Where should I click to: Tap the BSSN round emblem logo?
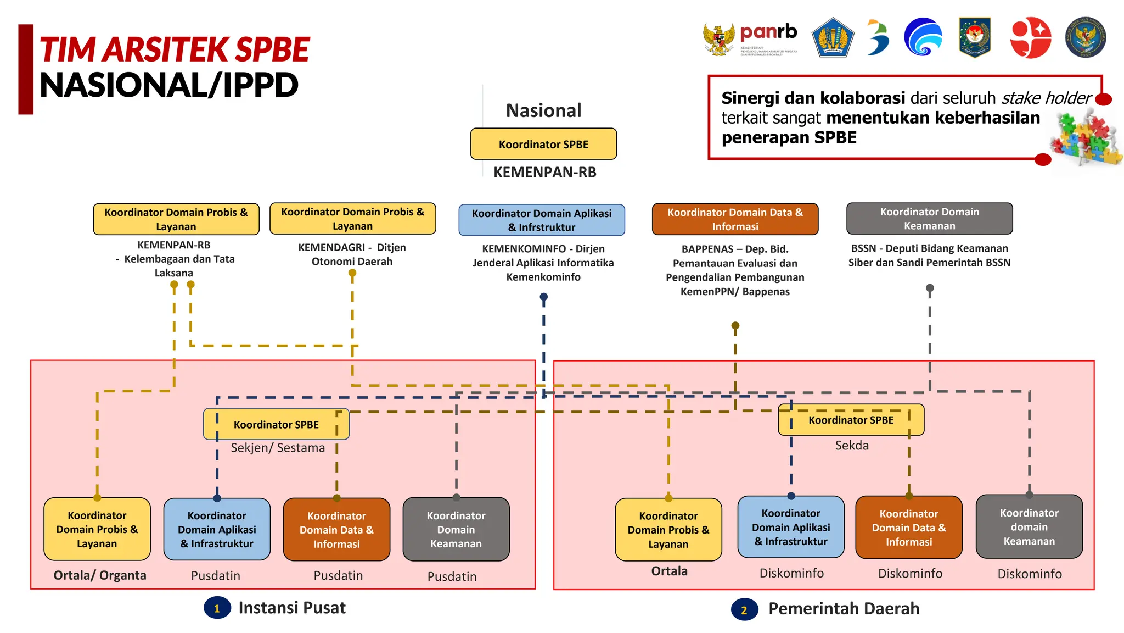point(1085,37)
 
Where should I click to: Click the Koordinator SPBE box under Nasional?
point(543,144)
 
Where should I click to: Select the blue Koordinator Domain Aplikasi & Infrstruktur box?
point(542,220)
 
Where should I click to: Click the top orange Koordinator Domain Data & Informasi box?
point(735,219)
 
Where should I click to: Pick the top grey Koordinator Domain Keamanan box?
point(929,219)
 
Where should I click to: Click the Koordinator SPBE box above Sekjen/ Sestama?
point(276,424)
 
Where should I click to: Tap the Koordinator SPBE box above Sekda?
point(851,420)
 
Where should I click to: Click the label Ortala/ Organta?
point(100,575)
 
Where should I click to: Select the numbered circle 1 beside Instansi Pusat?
point(217,608)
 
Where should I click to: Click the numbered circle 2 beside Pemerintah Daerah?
point(744,610)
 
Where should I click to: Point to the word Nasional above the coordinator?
point(543,110)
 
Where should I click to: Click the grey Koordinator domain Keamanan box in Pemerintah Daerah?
point(1029,527)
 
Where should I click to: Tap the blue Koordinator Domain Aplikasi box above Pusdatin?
point(217,529)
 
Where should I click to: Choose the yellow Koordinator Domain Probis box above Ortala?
point(668,530)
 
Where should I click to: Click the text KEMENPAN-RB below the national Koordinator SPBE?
point(544,173)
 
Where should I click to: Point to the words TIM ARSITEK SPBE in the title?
point(175,49)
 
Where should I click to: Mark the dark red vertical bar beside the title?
point(26,69)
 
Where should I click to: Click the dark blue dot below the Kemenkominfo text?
point(543,297)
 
